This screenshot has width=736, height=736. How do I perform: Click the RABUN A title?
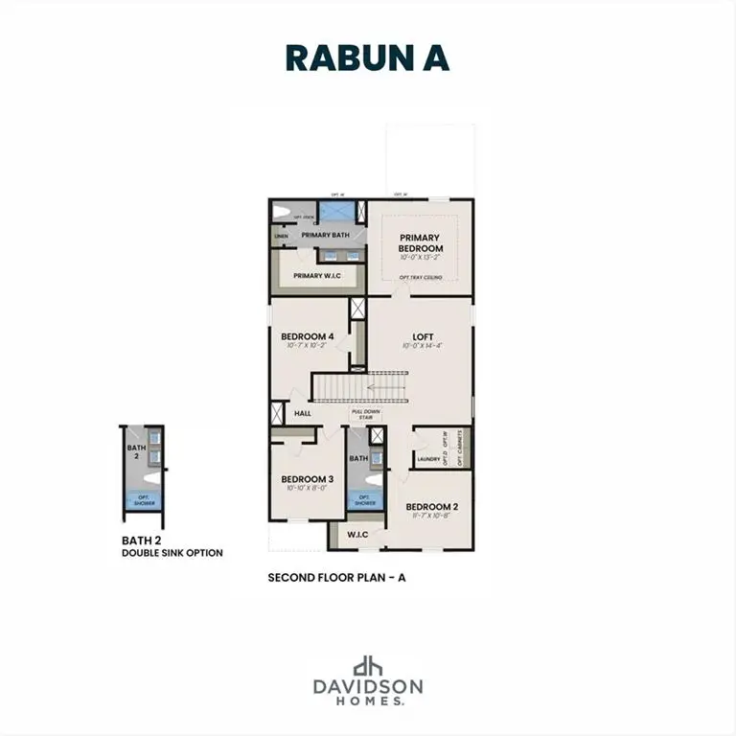(x=367, y=57)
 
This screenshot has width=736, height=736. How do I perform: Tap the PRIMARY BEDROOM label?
(x=421, y=242)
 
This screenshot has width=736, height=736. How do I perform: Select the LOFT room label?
(x=422, y=336)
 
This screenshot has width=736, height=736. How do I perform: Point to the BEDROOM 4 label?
(x=307, y=336)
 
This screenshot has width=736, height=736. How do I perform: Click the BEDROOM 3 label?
(x=307, y=479)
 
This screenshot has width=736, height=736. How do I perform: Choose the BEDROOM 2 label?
(x=431, y=506)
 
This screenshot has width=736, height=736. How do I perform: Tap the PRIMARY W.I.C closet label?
(x=317, y=276)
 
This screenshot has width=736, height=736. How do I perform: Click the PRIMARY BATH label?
(x=325, y=235)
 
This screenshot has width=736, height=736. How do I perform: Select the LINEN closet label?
(x=281, y=236)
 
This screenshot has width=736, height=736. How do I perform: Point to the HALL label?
(x=303, y=414)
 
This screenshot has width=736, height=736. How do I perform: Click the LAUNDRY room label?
(x=427, y=460)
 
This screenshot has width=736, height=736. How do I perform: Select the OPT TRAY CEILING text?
(x=421, y=277)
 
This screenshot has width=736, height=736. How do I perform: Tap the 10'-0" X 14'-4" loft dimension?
(x=422, y=346)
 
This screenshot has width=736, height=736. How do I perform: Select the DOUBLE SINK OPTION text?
(x=172, y=553)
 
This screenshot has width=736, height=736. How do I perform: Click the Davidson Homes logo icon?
(x=368, y=667)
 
